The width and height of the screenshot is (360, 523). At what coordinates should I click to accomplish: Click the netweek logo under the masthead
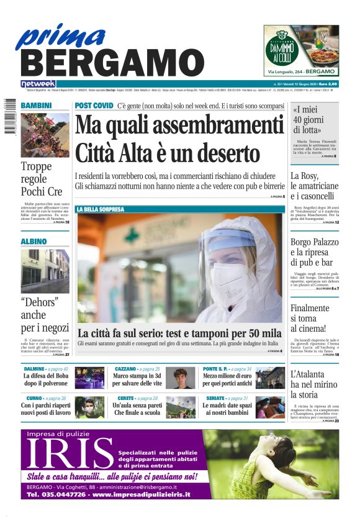click(x=38, y=84)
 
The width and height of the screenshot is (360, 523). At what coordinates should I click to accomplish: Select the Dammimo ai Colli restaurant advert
click(x=301, y=50)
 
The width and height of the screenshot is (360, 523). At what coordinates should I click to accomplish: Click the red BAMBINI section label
click(x=36, y=106)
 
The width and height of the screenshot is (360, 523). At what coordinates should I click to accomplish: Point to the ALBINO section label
click(x=34, y=241)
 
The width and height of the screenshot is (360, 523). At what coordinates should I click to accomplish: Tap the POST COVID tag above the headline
click(x=94, y=106)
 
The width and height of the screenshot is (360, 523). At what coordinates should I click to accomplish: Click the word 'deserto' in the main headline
click(x=227, y=152)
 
